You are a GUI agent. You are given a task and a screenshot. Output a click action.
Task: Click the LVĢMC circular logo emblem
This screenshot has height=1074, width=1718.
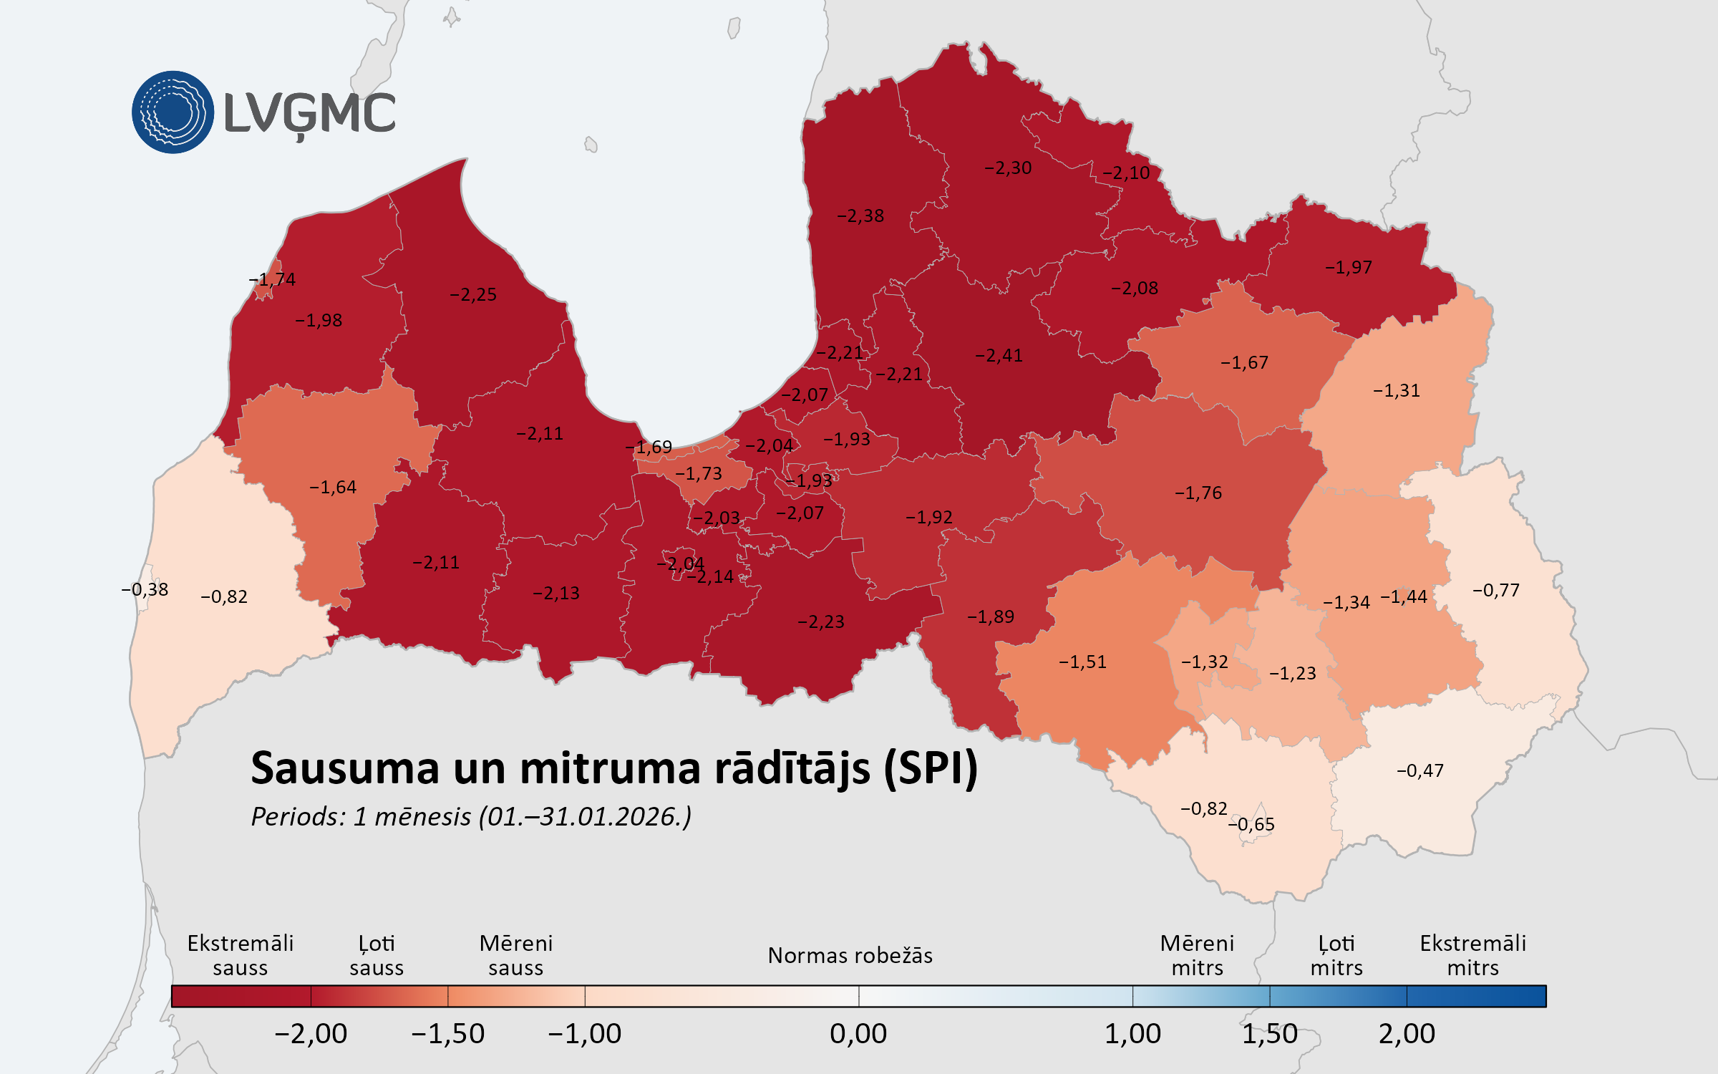173,112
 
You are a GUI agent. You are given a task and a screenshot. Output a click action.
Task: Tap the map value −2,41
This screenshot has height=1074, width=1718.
999,356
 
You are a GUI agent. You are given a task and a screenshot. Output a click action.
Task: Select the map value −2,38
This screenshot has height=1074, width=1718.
860,216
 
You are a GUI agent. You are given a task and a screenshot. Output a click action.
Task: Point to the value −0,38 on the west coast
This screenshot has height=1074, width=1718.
145,590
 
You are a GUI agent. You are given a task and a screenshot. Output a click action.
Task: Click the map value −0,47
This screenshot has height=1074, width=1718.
1420,771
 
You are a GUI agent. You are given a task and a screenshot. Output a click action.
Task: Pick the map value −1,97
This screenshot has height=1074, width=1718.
1349,268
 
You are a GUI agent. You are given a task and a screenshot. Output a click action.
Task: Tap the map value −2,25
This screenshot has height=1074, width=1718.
473,295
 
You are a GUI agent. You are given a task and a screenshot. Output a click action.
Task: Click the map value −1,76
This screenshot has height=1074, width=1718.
1198,493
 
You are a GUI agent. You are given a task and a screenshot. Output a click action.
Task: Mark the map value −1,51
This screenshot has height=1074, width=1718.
1083,662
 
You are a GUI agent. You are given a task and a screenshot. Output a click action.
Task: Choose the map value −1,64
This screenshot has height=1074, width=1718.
333,488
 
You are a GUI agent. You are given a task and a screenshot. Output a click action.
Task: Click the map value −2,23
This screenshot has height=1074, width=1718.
821,622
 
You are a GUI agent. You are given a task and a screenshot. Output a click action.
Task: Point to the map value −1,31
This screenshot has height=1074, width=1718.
1397,391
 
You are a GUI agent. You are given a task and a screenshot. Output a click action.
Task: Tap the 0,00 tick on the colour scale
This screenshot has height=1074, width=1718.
858,1034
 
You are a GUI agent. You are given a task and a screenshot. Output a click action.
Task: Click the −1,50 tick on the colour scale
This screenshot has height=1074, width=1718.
448,1034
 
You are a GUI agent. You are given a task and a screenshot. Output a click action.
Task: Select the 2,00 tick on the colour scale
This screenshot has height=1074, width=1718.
1407,1034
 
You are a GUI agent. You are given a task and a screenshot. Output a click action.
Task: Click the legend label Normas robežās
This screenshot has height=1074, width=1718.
850,956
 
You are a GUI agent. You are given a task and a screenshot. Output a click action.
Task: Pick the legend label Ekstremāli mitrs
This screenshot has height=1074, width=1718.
1472,956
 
